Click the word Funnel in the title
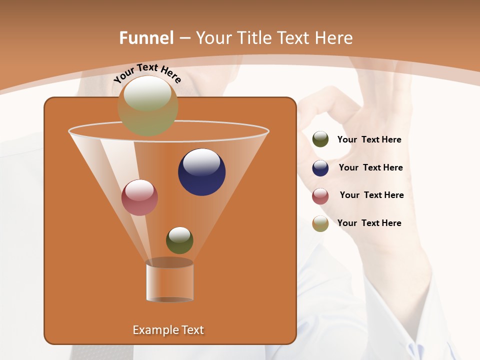coord(146,38)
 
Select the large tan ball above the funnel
coord(148,105)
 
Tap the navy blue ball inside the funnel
coord(201,172)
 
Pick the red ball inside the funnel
coord(139,197)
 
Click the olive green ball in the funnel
coord(179,240)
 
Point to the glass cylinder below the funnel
coord(170,282)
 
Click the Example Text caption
coord(168,330)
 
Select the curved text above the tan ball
coord(147,73)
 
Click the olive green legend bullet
coord(320,139)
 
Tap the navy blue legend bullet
coord(320,168)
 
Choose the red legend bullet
coord(320,196)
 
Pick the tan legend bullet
coord(320,223)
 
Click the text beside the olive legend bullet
coord(369,140)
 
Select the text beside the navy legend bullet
coord(370,168)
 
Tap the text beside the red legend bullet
coord(371,195)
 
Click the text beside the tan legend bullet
coord(369,223)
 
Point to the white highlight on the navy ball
coord(202,161)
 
